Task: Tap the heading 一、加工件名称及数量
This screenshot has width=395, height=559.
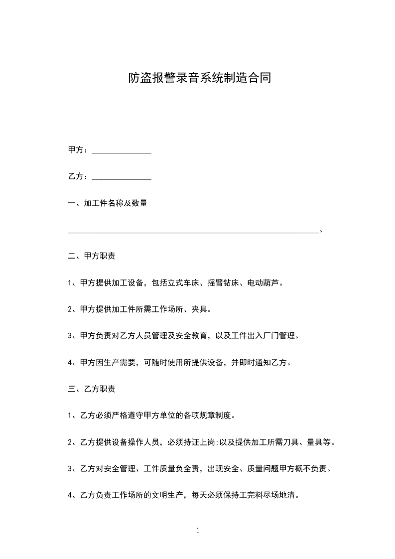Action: pyautogui.click(x=107, y=203)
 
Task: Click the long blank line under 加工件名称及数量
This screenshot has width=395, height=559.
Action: pyautogui.click(x=193, y=231)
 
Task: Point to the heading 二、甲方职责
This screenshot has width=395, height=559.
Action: pyautogui.click(x=92, y=257)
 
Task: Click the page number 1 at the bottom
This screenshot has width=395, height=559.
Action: pyautogui.click(x=198, y=531)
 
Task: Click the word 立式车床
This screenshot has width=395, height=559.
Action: pyautogui.click(x=183, y=283)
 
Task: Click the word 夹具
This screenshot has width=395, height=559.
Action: pyautogui.click(x=199, y=309)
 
